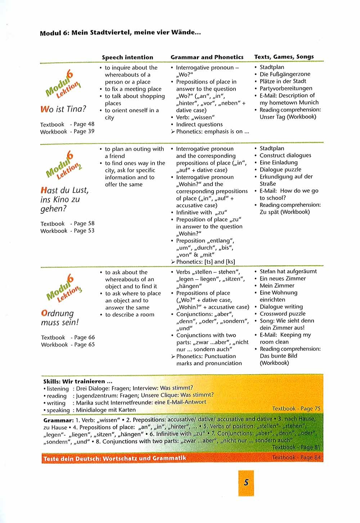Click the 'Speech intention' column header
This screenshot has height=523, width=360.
pos(127,57)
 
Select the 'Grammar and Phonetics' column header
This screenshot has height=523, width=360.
pos(207,57)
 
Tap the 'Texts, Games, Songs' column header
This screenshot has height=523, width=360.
pos(284,57)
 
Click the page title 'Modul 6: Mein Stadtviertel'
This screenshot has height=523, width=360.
pos(120,33)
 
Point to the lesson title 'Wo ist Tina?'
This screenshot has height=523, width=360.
pos(63,109)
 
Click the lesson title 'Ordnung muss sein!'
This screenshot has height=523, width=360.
pos(59,318)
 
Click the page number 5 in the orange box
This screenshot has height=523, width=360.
pos(246,482)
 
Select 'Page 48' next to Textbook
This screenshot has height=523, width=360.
pos(84,124)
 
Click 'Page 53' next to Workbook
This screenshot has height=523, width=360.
pos(84,231)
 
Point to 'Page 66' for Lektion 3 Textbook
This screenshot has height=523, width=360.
pos(84,337)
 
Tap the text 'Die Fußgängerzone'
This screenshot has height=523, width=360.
pos(285,74)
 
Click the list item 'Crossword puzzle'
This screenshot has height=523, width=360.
pos(283,314)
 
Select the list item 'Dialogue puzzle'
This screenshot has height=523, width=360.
pos(280,170)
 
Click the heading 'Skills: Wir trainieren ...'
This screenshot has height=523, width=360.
pos(78,381)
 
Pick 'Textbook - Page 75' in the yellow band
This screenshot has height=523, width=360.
pos(296,409)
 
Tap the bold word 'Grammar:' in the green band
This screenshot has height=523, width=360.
pos(58,420)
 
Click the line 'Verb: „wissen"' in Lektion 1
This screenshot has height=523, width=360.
pos(195,117)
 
